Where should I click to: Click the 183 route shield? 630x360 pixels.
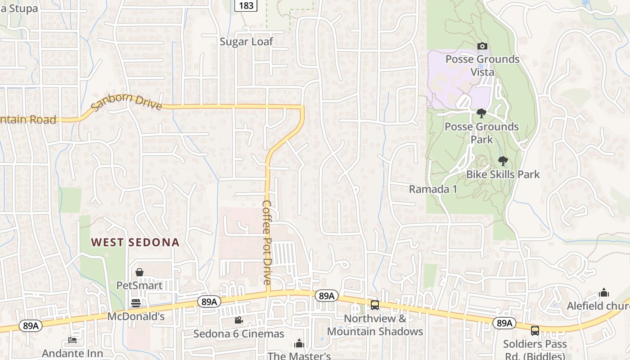(x=246, y=5)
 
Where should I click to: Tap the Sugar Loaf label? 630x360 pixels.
(x=246, y=42)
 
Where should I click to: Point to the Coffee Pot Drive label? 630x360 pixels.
(x=267, y=242)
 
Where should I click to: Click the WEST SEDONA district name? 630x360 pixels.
(x=135, y=243)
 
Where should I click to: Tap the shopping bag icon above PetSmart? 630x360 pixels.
(x=139, y=272)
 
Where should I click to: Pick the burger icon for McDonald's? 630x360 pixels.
(x=135, y=303)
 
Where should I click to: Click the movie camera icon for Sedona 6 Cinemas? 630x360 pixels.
(x=238, y=320)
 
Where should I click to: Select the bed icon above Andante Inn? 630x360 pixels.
(x=72, y=340)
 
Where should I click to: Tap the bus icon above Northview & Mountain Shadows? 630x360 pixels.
(x=375, y=305)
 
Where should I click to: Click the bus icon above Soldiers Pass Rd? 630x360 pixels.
(x=535, y=331)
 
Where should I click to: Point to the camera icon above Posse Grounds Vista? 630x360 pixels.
(x=482, y=46)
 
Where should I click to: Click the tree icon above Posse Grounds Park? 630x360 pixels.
(x=481, y=113)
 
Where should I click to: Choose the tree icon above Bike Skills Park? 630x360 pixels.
(x=503, y=161)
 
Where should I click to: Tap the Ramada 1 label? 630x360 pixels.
(x=433, y=189)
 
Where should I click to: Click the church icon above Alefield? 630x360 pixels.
(x=604, y=293)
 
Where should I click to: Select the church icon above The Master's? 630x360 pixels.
(x=299, y=344)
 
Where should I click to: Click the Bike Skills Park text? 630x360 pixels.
(x=503, y=174)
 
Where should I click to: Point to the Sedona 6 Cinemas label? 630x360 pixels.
(x=238, y=334)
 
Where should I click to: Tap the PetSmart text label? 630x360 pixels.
(x=139, y=285)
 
